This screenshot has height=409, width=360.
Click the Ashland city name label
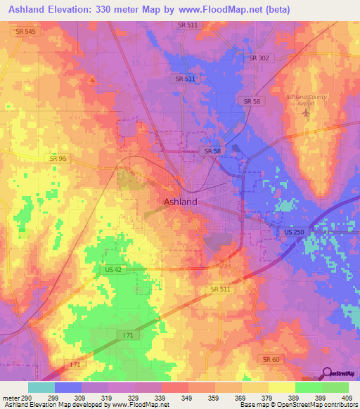coord(180,202)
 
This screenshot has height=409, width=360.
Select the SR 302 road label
coord(259,58)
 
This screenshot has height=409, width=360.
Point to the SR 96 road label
coord(58,159)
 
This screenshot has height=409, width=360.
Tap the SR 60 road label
coord(271,359)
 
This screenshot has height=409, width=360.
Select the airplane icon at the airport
coord(304,112)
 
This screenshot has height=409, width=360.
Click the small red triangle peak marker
coord(91,79)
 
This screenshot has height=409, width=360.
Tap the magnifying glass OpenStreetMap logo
coord(327,372)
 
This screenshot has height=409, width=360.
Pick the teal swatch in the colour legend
coord(41,387)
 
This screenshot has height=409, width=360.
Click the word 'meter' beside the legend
coord(11,398)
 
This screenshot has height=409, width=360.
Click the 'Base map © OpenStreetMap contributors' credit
coord(298,405)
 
